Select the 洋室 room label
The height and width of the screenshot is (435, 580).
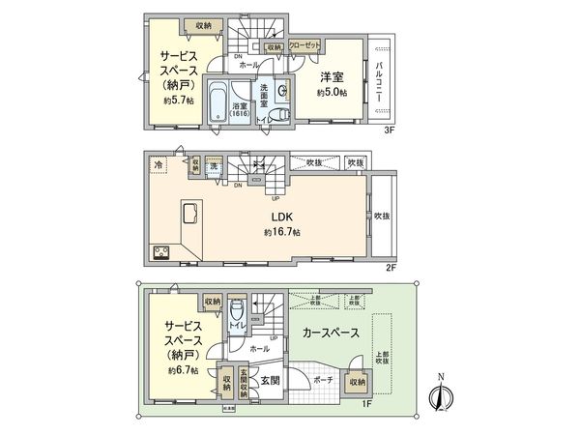point(331,76)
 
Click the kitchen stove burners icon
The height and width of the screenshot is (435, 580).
point(159,253)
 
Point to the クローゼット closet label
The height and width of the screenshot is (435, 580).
point(304,44)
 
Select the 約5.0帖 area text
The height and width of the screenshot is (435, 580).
point(331,92)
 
